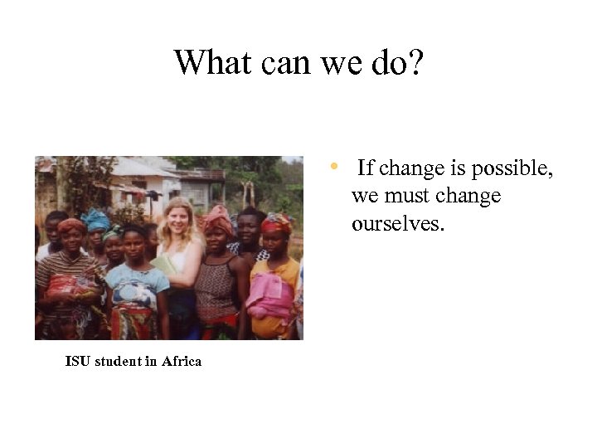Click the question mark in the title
pyautogui.click(x=415, y=62)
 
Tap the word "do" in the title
pyautogui.click(x=387, y=62)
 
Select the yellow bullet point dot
pyautogui.click(x=333, y=167)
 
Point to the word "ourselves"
pyautogui.click(x=398, y=224)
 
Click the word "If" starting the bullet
pyautogui.click(x=366, y=168)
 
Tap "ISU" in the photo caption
pyautogui.click(x=78, y=361)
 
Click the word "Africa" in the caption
pyautogui.click(x=182, y=361)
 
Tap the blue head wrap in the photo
pyautogui.click(x=96, y=220)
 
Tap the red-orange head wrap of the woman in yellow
pyautogui.click(x=277, y=222)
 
